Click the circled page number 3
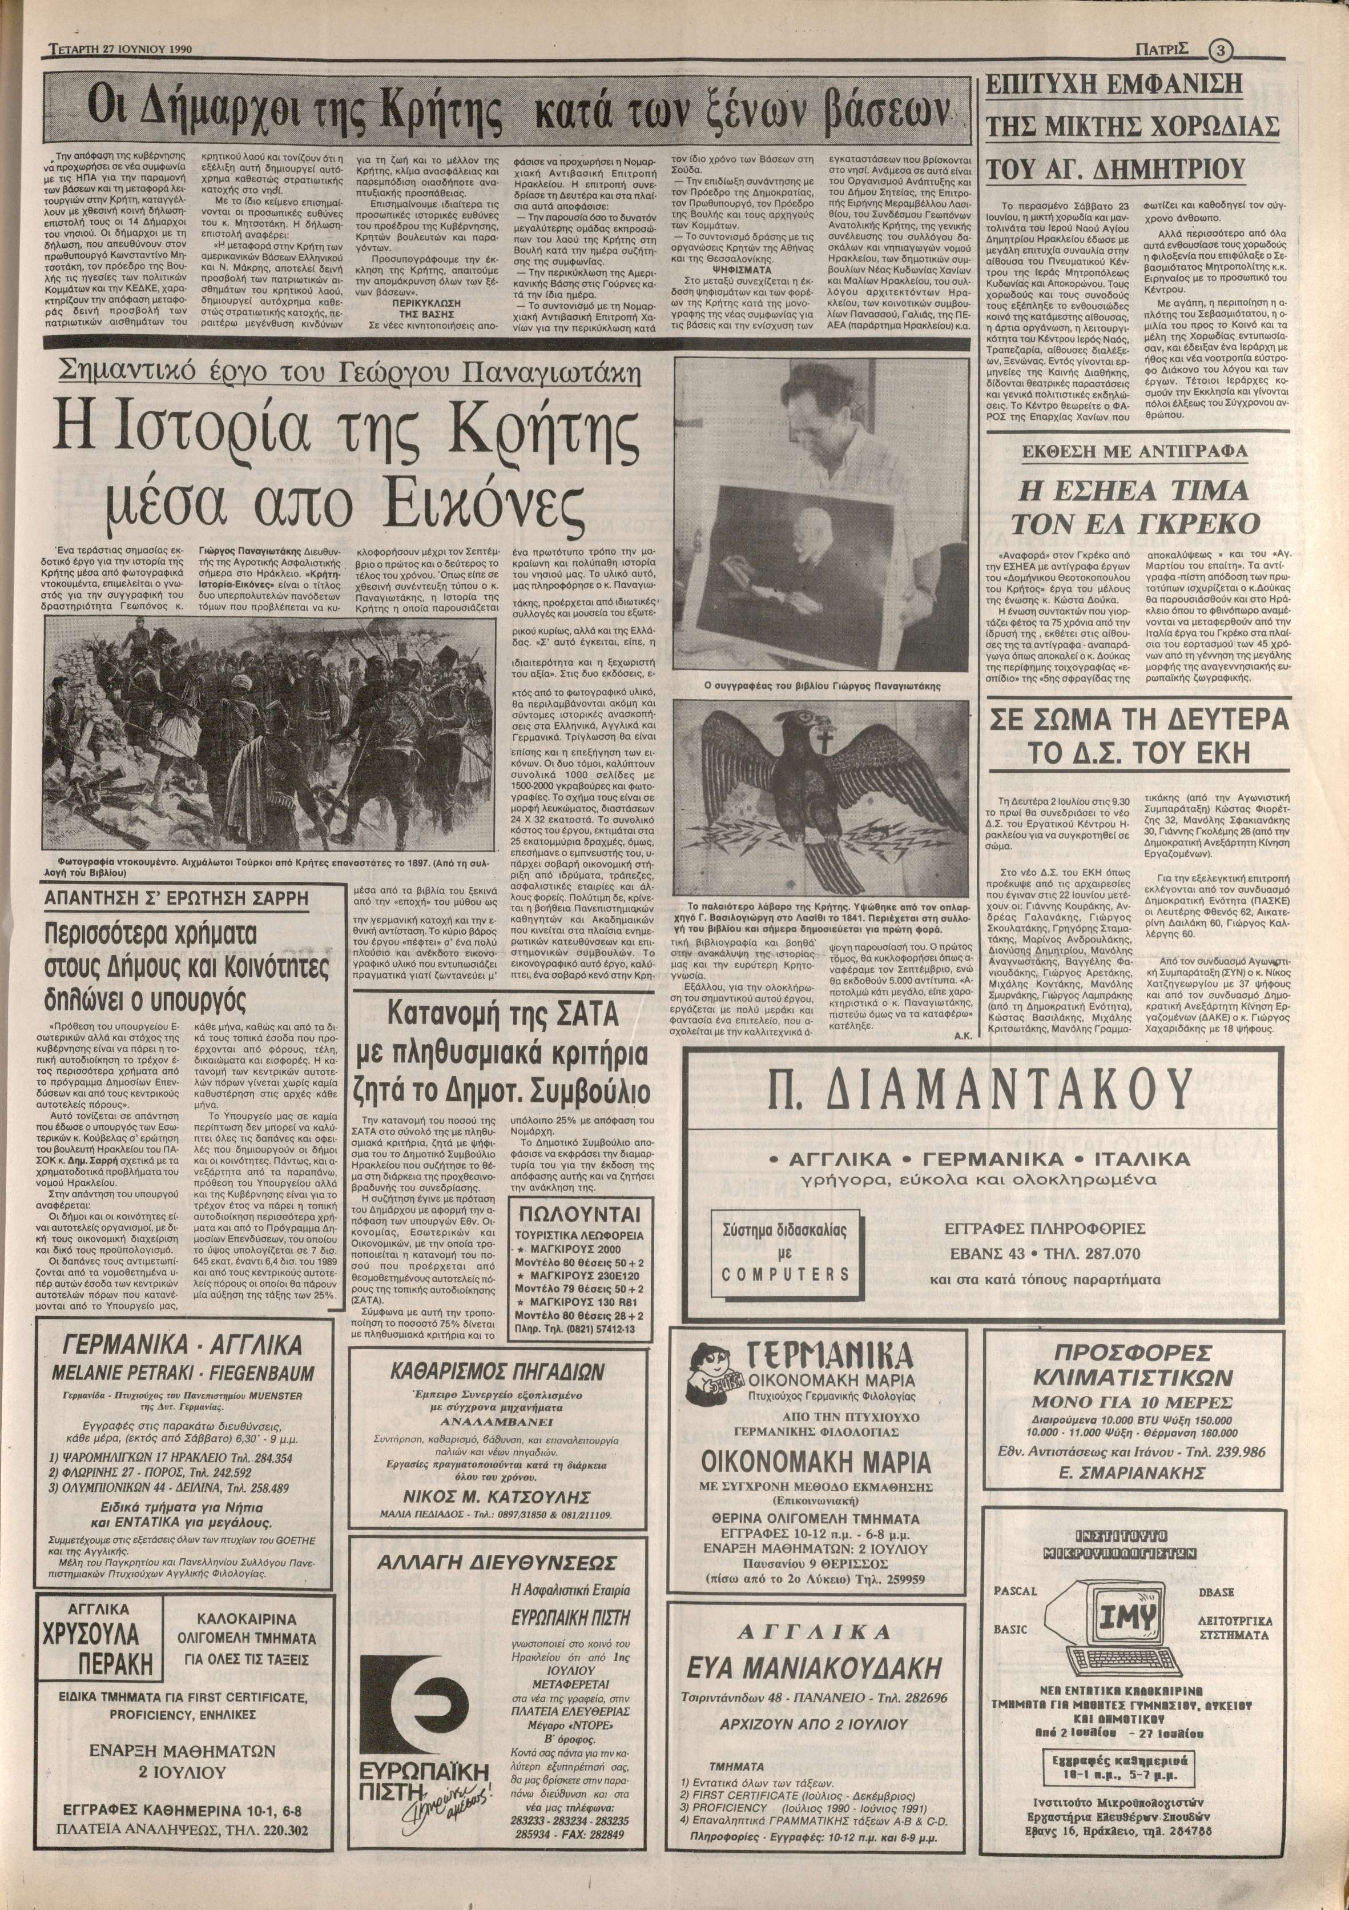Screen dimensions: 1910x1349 click(x=1220, y=50)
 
